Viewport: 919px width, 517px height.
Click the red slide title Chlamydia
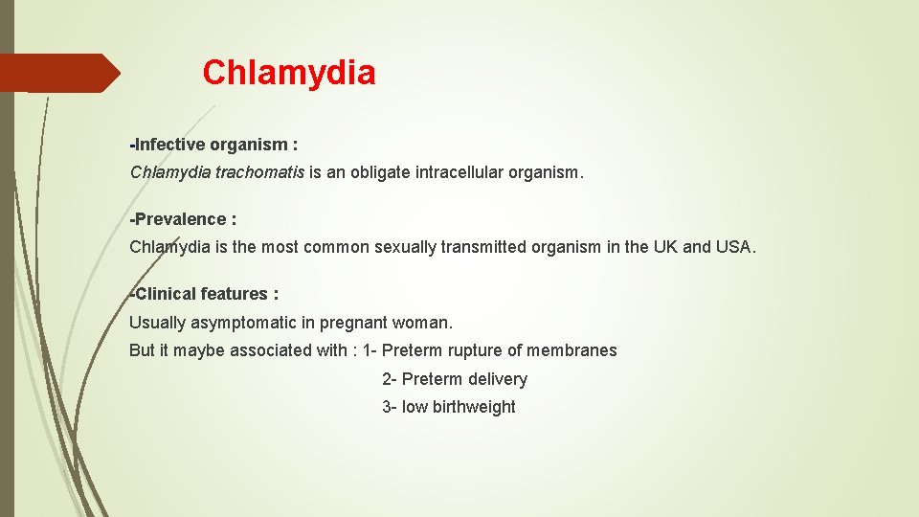[289, 73]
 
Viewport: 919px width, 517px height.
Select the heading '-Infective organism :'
[213, 146]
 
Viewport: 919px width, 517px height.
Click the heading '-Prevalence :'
[183, 219]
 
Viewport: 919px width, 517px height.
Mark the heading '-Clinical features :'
[204, 294]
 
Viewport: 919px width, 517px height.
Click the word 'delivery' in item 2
[498, 379]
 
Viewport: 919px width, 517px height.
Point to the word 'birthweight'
[473, 407]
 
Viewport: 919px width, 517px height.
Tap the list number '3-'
[389, 407]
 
